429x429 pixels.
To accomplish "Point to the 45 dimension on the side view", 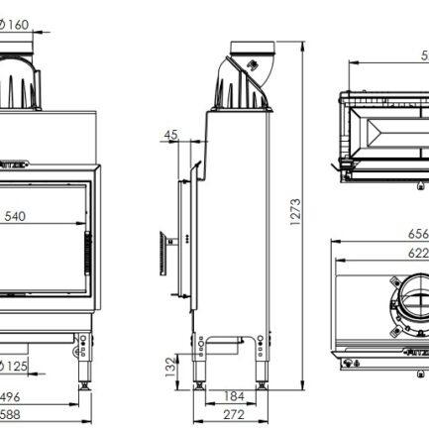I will click(x=170, y=135).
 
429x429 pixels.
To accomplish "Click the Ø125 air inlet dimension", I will click(x=19, y=367).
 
